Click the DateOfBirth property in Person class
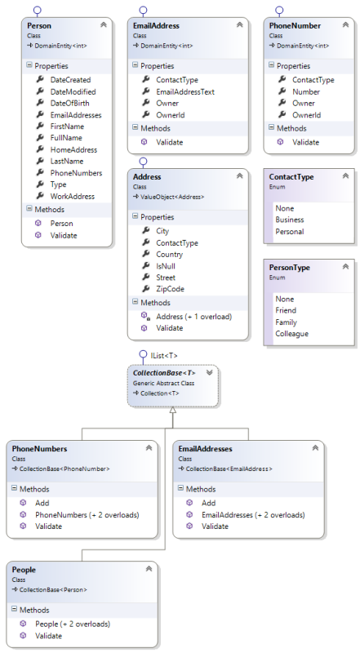(x=72, y=104)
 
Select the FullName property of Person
(x=67, y=139)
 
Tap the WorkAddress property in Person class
(x=72, y=197)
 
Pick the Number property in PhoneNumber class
(x=306, y=91)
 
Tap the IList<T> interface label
(x=164, y=355)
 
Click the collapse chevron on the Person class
(x=103, y=25)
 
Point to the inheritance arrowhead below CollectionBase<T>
(x=172, y=411)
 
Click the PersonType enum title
(x=291, y=268)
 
